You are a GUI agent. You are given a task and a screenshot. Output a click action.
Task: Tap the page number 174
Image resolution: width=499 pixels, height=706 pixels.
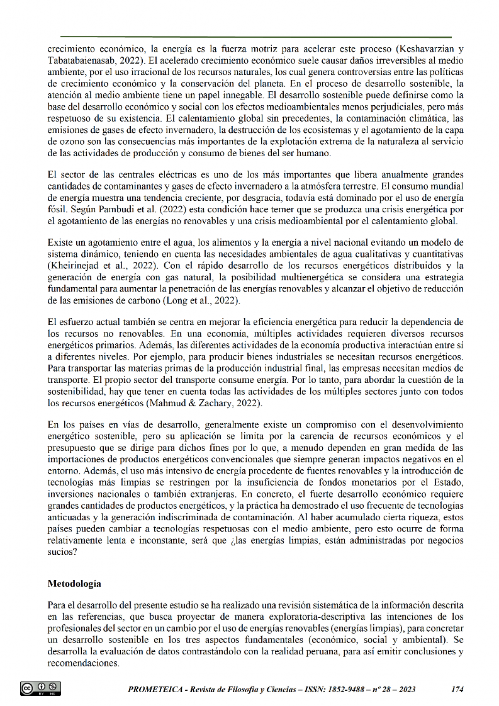pyautogui.click(x=457, y=690)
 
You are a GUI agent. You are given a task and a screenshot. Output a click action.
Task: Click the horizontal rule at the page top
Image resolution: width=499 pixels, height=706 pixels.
pyautogui.click(x=256, y=37)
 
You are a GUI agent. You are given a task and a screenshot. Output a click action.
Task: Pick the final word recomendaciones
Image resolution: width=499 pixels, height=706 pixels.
pyautogui.click(x=83, y=663)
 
